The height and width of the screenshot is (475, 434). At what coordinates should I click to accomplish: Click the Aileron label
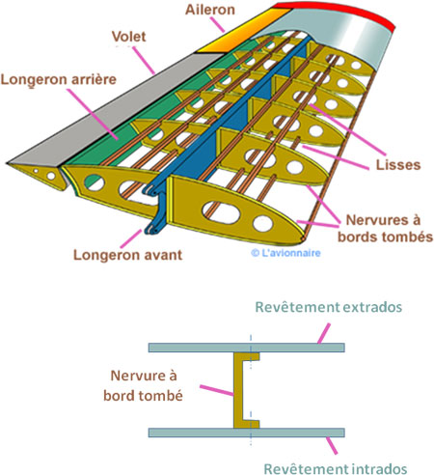(210, 10)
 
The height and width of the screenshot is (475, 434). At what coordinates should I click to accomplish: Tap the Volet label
(128, 37)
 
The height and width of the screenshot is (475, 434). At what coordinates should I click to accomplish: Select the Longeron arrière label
(58, 80)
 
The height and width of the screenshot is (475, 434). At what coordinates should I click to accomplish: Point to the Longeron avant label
(127, 255)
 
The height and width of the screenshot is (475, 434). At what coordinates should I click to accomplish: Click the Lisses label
(398, 165)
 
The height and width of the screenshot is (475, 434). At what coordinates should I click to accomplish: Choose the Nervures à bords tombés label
(385, 229)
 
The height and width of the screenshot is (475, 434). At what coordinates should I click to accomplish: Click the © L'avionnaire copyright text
(285, 253)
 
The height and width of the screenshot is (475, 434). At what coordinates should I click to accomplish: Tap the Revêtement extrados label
(328, 307)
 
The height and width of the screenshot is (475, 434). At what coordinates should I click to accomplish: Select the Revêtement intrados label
(336, 468)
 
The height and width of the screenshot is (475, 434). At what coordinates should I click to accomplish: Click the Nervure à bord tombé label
(143, 385)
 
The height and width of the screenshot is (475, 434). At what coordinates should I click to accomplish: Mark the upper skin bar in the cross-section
(247, 348)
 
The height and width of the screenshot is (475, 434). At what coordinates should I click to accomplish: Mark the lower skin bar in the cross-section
(247, 433)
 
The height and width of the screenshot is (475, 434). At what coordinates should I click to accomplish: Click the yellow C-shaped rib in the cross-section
(238, 390)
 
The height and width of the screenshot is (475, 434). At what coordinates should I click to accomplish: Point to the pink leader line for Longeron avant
(130, 238)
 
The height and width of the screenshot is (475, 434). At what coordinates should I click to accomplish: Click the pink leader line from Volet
(144, 61)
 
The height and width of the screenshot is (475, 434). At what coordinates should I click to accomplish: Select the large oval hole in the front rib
(221, 212)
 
